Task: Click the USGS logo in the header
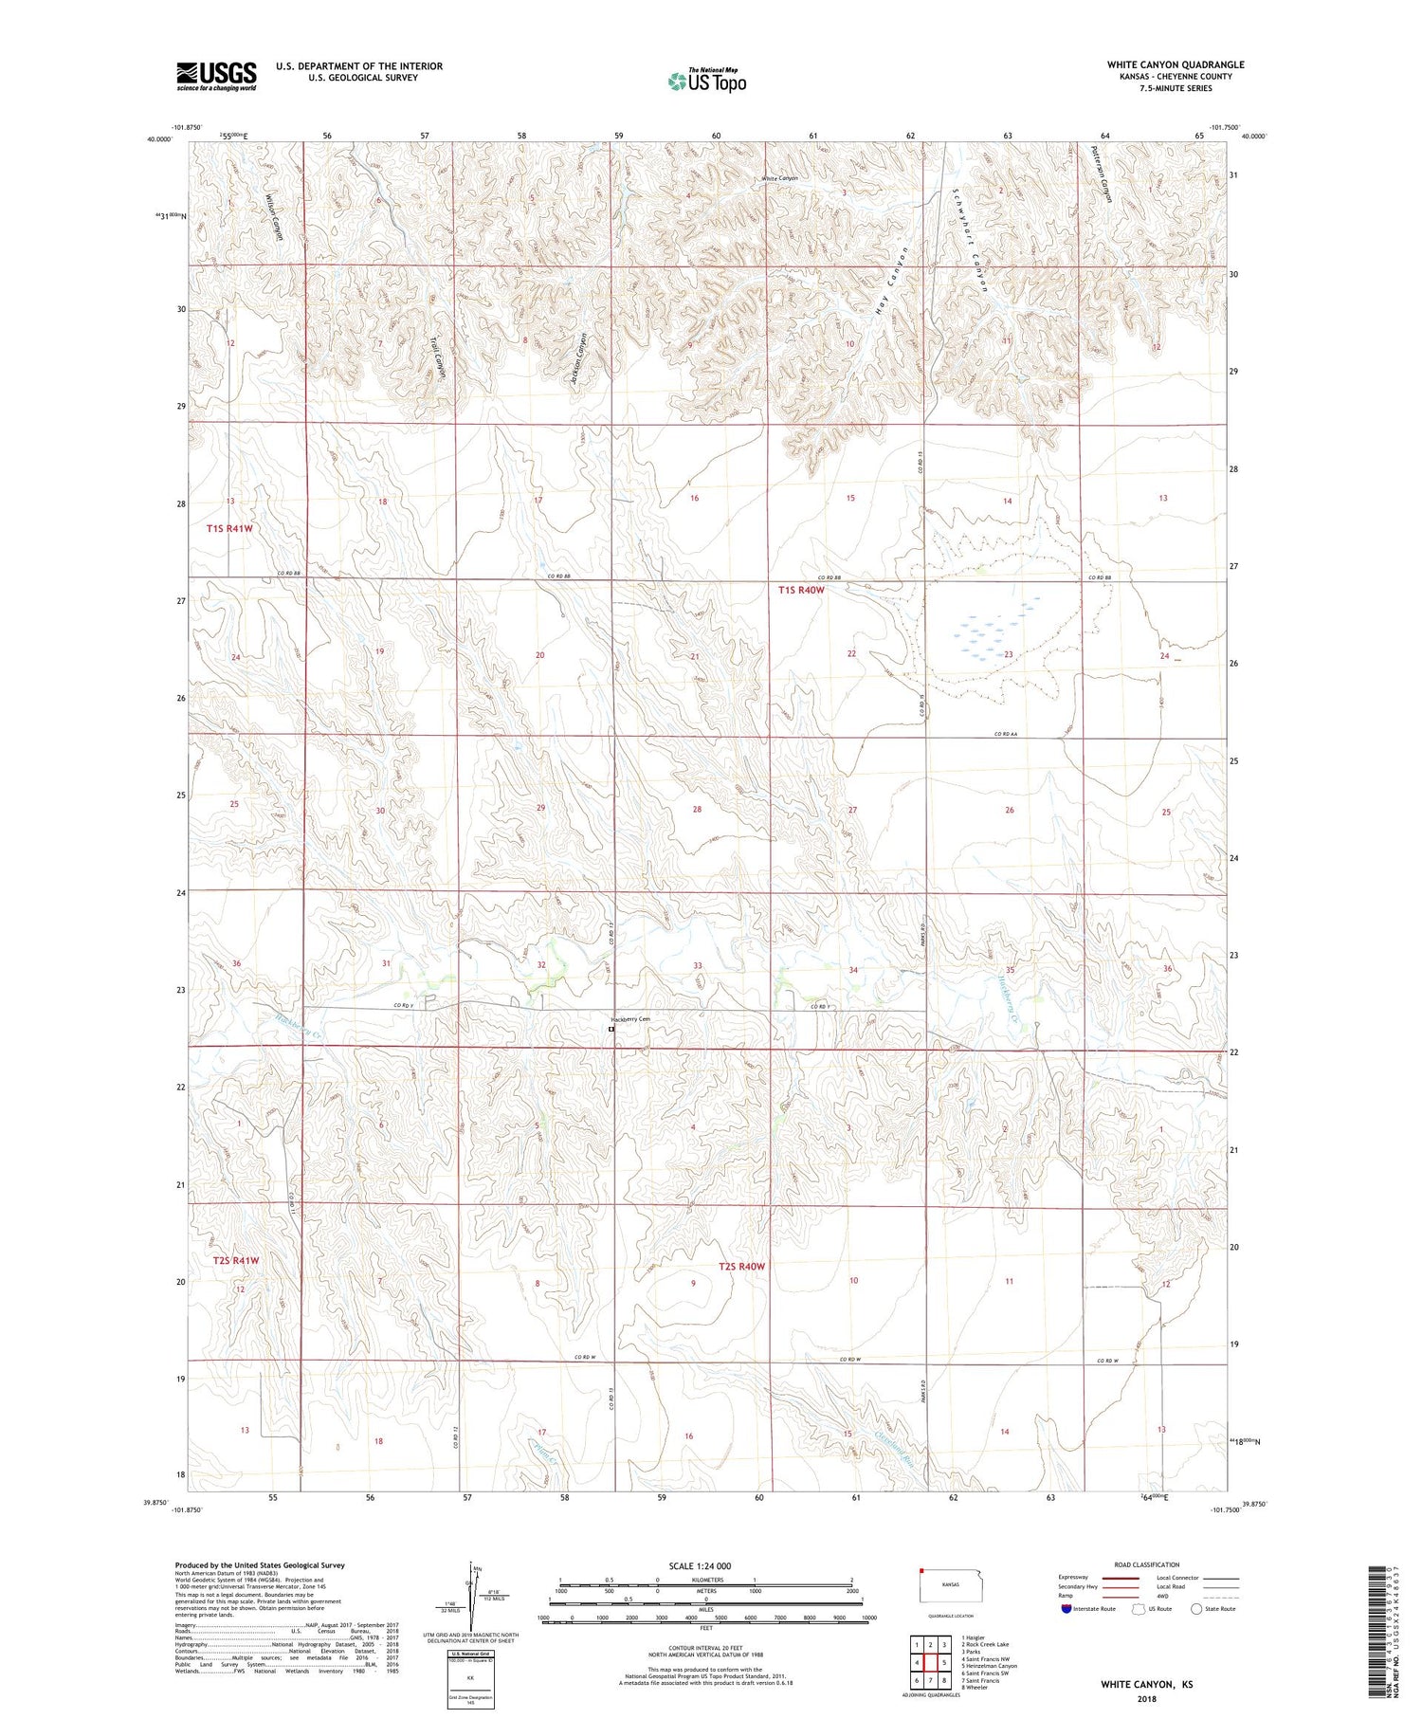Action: [x=216, y=76]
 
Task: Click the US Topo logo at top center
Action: [x=706, y=81]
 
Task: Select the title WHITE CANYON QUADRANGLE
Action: [x=1176, y=64]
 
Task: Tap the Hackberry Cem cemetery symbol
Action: [x=611, y=1029]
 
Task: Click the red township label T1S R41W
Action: [x=229, y=529]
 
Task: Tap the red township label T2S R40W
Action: [x=741, y=1267]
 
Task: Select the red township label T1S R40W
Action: [x=802, y=590]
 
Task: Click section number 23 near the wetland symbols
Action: [x=1009, y=654]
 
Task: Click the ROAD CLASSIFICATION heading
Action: [x=1147, y=1564]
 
